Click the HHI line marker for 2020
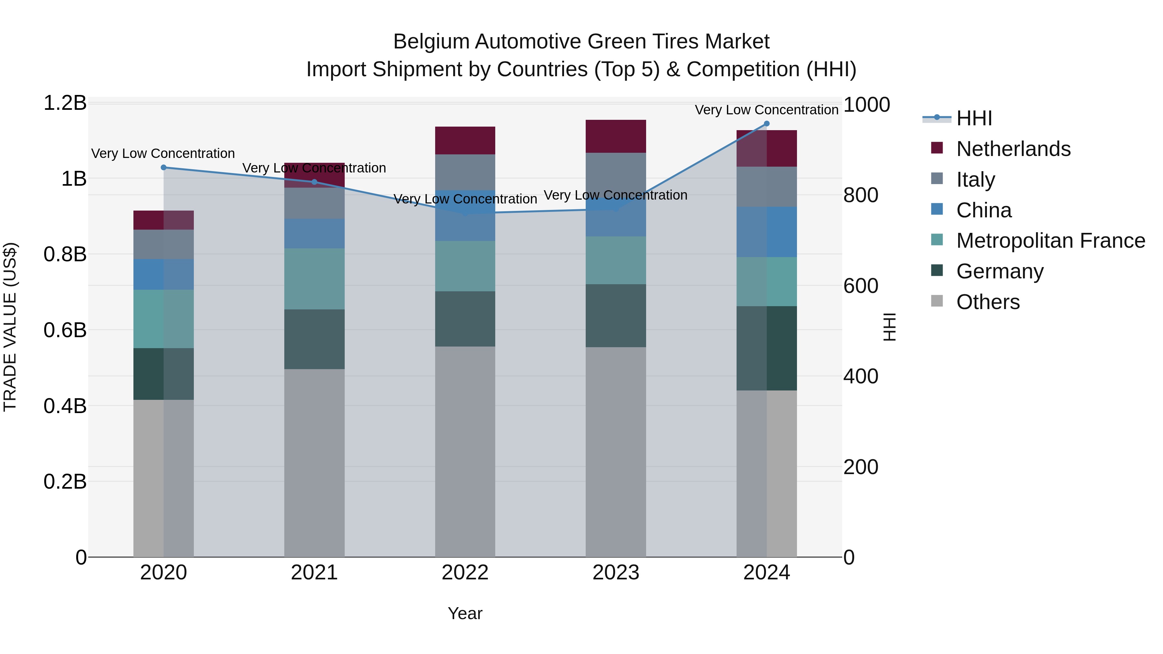[x=163, y=167]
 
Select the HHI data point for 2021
[x=315, y=182]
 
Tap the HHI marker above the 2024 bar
[x=767, y=124]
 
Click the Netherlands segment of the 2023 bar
[x=616, y=136]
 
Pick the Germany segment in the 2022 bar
[x=465, y=319]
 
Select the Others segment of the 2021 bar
[x=314, y=462]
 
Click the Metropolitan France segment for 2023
[x=616, y=260]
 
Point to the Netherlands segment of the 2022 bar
[x=465, y=140]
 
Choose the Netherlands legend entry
[x=1013, y=149]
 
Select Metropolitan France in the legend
[x=1050, y=241]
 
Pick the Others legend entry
[x=988, y=302]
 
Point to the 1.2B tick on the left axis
[x=65, y=103]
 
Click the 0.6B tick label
[x=65, y=330]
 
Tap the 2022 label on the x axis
[x=465, y=573]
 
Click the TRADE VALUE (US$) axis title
[x=10, y=327]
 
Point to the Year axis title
[x=465, y=613]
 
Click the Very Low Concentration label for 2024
[x=766, y=110]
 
